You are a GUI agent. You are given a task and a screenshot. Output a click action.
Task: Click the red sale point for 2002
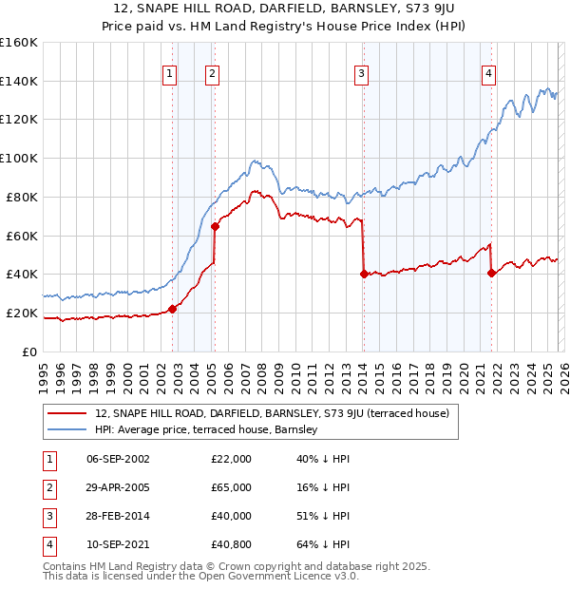(173, 309)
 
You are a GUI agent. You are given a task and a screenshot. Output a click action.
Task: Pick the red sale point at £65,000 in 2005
(215, 225)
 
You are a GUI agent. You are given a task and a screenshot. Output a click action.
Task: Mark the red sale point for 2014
(364, 274)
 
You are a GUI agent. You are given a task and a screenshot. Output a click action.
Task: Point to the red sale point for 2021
(491, 273)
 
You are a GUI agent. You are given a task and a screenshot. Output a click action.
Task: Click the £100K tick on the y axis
(19, 158)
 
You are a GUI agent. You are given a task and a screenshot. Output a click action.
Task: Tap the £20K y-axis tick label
(22, 313)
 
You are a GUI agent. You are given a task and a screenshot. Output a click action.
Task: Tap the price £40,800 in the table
(231, 544)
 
